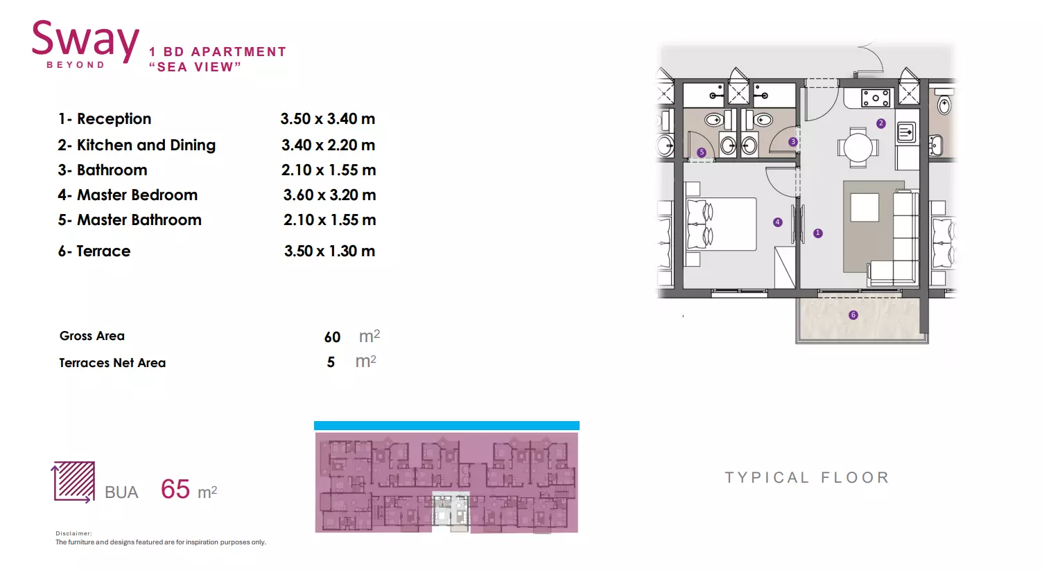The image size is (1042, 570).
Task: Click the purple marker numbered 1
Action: tap(818, 233)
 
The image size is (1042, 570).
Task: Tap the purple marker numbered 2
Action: tap(880, 123)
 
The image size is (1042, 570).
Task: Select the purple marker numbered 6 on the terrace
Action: tap(853, 315)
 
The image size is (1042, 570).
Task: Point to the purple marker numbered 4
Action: tap(777, 222)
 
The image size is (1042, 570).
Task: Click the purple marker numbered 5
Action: tap(702, 152)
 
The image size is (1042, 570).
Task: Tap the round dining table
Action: tap(858, 148)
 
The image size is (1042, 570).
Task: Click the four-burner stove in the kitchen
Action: tap(875, 98)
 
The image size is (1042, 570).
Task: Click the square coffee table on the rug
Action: tap(865, 207)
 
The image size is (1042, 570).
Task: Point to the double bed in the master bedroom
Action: tap(721, 224)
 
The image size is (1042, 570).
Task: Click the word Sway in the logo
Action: tap(85, 41)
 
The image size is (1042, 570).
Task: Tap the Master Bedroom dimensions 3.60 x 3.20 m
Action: tap(329, 195)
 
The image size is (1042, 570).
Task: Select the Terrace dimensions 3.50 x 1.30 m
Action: tap(329, 251)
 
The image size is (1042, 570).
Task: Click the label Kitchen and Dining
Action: tap(146, 145)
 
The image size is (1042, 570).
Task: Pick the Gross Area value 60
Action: tap(332, 337)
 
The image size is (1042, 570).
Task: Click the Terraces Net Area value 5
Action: tap(331, 362)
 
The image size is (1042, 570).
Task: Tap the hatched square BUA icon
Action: tap(73, 482)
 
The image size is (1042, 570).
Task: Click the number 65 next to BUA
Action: tap(175, 489)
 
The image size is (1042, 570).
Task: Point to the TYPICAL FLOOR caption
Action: tap(807, 478)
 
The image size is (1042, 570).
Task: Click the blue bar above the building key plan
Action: tap(446, 425)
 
